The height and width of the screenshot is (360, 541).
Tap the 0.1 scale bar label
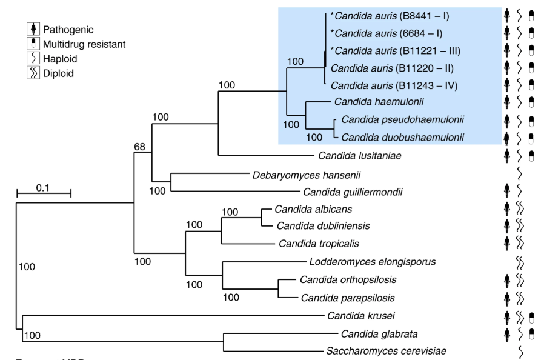click(43, 187)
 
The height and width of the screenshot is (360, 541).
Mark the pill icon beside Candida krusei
click(531, 316)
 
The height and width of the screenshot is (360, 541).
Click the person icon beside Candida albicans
click(507, 209)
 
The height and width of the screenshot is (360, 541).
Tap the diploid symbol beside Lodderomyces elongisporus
click(520, 262)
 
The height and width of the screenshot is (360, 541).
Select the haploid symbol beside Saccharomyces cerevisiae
click(520, 350)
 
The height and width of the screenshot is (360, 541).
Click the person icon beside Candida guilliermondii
click(507, 192)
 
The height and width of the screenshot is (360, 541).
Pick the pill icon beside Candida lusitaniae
click(531, 156)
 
